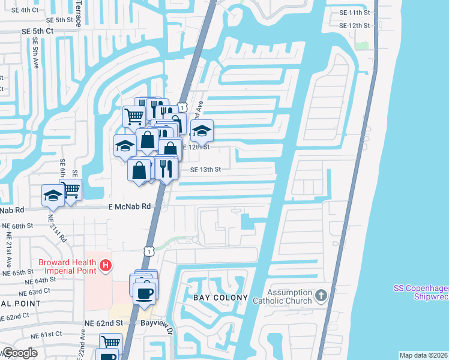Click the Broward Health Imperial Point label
click(67, 266)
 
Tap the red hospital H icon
click(106, 265)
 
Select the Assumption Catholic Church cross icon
click(321, 295)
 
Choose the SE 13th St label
click(205, 170)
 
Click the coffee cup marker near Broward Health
click(144, 294)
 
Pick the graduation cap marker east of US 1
click(203, 131)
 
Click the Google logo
click(20, 352)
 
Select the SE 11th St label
click(354, 13)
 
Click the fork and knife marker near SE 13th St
click(166, 169)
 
